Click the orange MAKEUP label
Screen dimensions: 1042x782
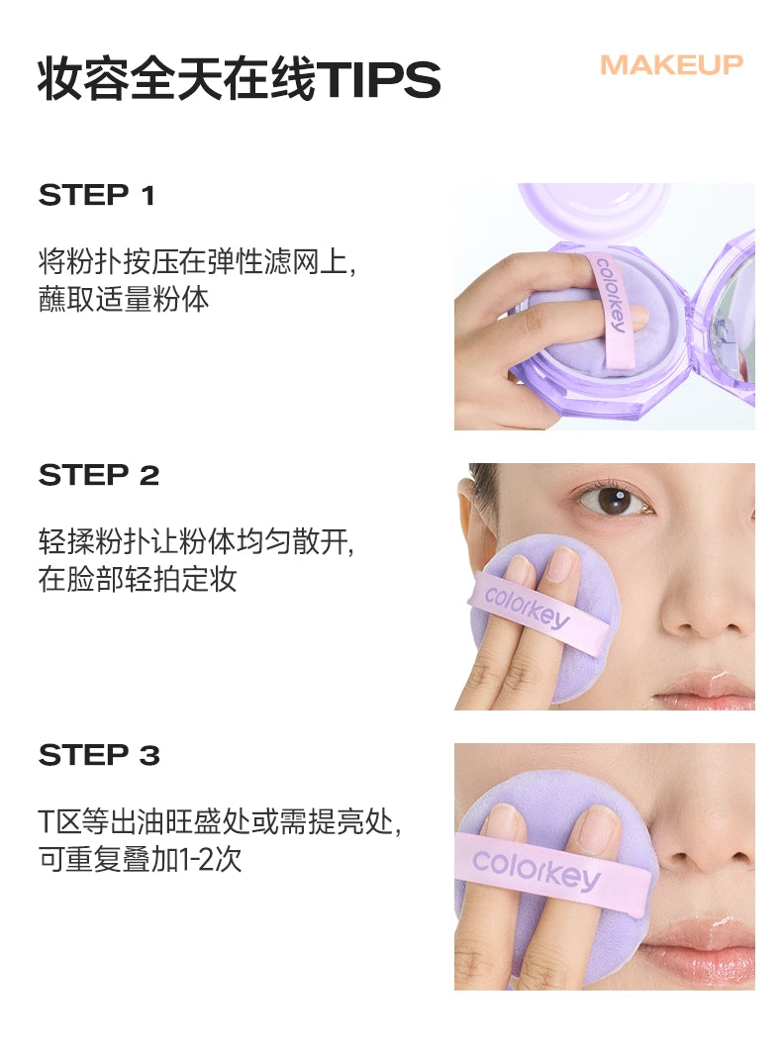coord(671,65)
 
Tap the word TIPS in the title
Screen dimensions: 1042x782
coord(377,80)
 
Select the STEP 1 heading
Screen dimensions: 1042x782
coord(97,196)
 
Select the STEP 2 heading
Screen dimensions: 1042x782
coord(99,476)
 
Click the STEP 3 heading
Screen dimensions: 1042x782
coord(99,756)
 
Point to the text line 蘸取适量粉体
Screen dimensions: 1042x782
coord(124,299)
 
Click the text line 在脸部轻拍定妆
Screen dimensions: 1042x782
coord(138,579)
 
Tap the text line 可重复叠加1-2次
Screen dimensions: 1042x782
coord(140,859)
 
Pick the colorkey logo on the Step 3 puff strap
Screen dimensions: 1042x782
coord(536,868)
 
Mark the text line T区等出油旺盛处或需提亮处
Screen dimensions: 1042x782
coord(220,822)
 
